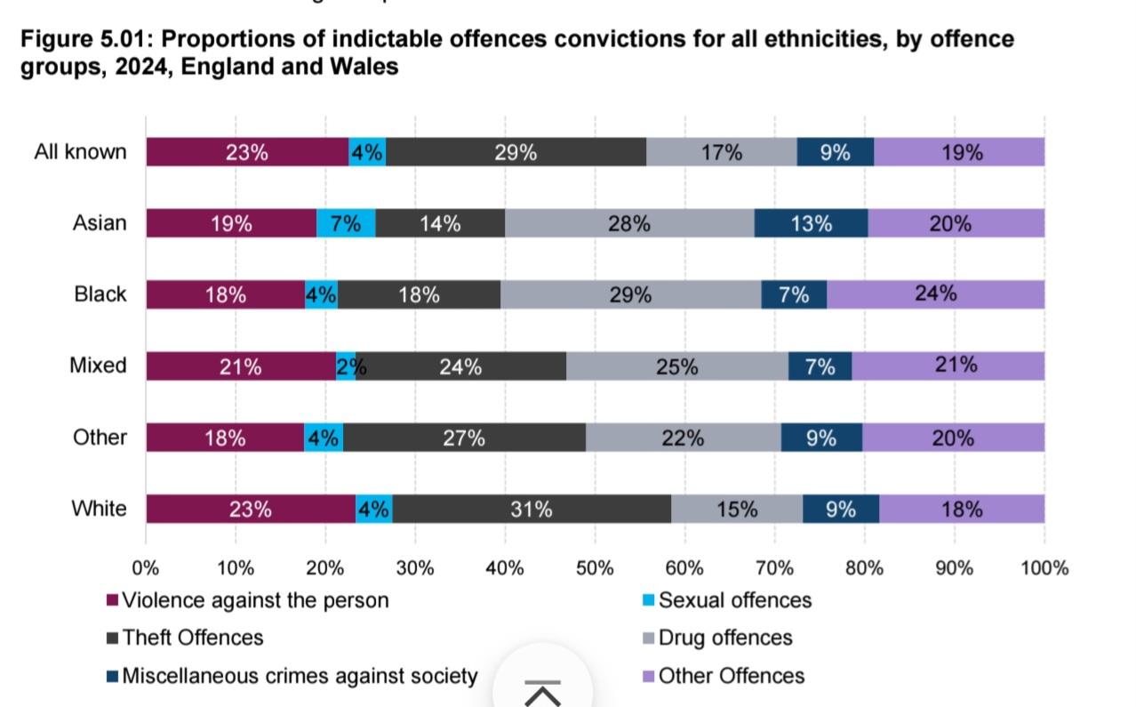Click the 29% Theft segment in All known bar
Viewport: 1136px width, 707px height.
[516, 152]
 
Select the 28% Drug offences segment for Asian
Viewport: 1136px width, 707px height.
[629, 223]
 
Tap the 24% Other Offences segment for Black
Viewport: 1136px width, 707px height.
[935, 294]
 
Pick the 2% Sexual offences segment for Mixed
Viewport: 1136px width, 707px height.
[347, 366]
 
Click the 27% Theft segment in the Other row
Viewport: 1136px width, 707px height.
[464, 438]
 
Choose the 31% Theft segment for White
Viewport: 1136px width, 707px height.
[531, 509]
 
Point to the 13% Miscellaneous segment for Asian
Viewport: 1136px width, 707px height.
[811, 223]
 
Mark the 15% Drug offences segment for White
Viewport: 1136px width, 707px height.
[737, 509]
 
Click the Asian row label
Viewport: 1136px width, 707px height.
[100, 223]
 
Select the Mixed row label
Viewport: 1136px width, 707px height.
[98, 366]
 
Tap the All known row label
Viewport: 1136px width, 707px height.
[80, 152]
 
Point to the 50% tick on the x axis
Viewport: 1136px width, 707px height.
[595, 567]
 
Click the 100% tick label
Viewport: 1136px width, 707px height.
[1044, 567]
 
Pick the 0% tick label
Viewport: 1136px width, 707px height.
[146, 567]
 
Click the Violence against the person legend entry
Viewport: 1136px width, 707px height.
[254, 600]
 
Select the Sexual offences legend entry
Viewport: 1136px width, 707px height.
[734, 600]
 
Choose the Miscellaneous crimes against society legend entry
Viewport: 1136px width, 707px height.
[299, 676]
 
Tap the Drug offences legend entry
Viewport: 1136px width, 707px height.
[724, 638]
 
